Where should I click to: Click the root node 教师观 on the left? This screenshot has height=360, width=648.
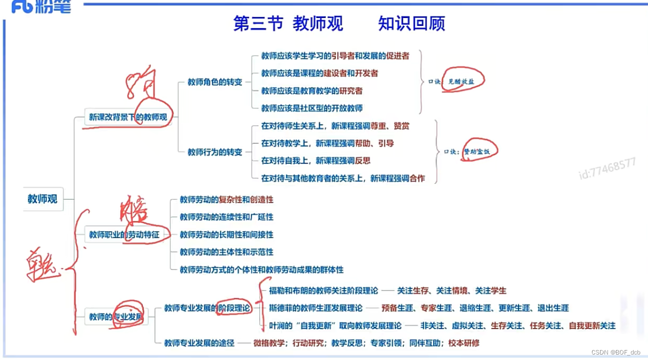coord(42,199)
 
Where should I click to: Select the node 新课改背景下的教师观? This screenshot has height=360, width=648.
coord(128,118)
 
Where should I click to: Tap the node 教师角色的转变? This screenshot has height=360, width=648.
coord(215,82)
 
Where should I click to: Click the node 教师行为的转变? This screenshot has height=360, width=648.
coord(215,152)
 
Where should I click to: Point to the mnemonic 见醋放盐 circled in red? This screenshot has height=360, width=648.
coord(461,82)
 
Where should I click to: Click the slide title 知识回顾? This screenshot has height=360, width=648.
coord(411,23)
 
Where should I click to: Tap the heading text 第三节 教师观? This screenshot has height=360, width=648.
coord(288,23)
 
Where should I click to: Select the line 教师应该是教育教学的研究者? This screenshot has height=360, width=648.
coord(312,91)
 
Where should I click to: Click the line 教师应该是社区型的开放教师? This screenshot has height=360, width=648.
coord(312,108)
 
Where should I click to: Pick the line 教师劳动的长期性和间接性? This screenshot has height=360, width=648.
coord(227,235)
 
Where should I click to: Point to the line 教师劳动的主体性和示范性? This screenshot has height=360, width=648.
coord(227,252)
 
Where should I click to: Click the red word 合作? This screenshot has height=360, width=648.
coord(417,178)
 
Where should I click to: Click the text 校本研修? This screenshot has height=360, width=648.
coord(464,343)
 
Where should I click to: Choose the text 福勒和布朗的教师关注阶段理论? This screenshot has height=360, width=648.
coord(324,291)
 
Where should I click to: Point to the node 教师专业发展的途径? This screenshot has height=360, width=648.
coord(199,343)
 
